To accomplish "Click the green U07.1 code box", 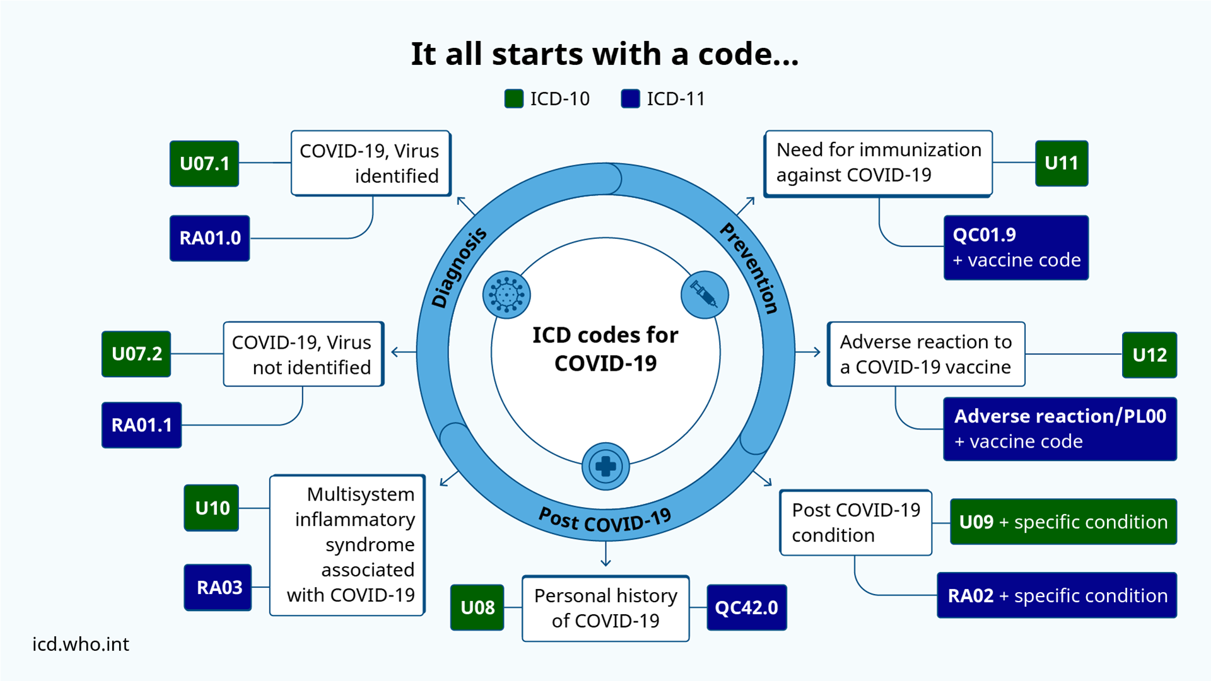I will coord(204,163).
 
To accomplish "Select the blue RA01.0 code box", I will coord(209,238).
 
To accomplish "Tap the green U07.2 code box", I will coord(136,354).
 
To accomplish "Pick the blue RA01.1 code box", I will coord(141,425).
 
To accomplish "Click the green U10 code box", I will coord(212,508).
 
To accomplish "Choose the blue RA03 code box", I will coord(218,587).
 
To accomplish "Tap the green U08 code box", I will coord(477,607).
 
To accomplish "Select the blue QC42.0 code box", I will coord(746,607).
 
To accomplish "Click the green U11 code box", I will coord(1062,163).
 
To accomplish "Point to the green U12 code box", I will coord(1149,355).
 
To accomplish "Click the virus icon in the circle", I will coord(506,294).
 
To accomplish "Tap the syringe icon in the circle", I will coord(705,294).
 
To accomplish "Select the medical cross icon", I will coord(605,467).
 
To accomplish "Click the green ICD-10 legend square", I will coord(514,99).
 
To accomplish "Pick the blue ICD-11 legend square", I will coord(630,99).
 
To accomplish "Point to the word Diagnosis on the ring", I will coord(459,267).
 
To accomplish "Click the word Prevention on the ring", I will coord(750,267).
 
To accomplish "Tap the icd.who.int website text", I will coord(81,644).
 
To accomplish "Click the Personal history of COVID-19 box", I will coord(605,608).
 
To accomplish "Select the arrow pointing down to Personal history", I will coord(605,555).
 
